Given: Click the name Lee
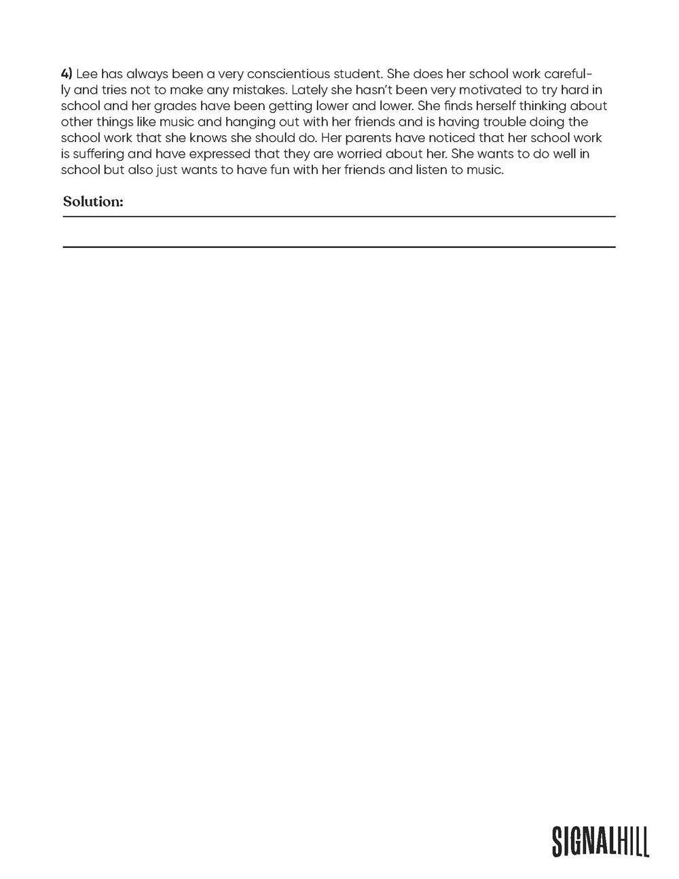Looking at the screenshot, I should [88, 73].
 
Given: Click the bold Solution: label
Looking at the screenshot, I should [93, 202].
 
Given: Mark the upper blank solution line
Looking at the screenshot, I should [339, 217].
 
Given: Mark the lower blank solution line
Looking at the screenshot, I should [339, 247].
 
